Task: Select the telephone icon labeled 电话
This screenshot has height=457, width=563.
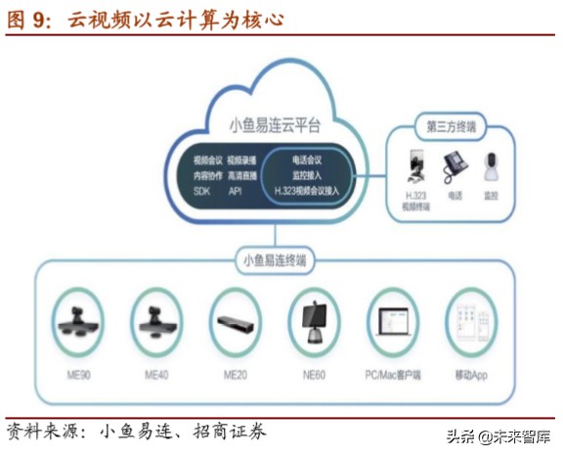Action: (456, 170)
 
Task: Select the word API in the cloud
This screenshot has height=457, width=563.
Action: (235, 191)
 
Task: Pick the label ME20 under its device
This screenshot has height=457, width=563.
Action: (236, 375)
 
